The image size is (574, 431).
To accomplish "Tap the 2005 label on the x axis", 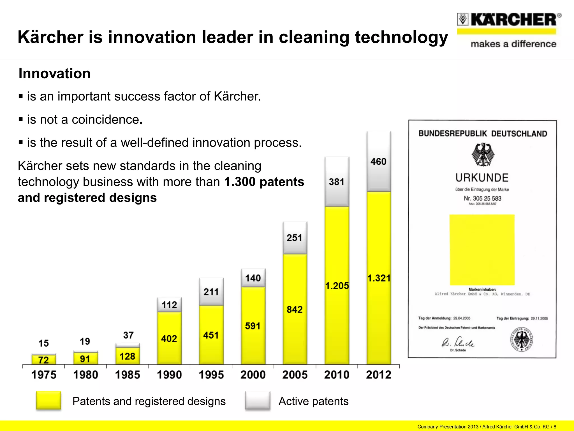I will (x=295, y=375).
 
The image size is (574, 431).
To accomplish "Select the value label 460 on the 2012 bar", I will (x=378, y=162).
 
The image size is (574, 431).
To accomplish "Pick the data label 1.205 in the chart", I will (x=337, y=286).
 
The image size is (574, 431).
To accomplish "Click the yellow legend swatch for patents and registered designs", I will (x=48, y=400).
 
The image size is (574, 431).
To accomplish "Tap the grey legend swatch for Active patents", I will (x=258, y=400).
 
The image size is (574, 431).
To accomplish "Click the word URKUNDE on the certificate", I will (x=482, y=178).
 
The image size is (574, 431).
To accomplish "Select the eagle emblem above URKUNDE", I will (x=483, y=154).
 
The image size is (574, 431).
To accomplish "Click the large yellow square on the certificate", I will (x=482, y=250).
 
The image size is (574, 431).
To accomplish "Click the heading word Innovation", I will (x=55, y=74).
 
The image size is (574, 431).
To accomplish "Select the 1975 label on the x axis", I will (x=44, y=375).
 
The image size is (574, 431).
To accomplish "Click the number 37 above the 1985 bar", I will (x=128, y=335).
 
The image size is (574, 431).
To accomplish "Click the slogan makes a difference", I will (x=513, y=44).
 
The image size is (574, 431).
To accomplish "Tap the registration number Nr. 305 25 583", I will (x=482, y=198).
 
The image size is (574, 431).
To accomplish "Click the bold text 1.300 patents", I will (x=264, y=182).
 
